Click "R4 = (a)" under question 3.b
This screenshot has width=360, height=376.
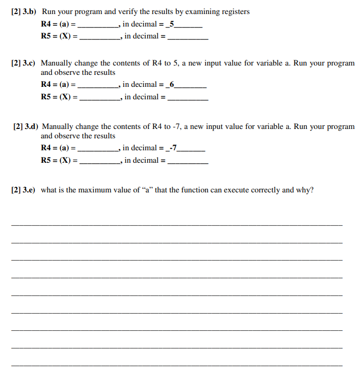(x=58, y=24)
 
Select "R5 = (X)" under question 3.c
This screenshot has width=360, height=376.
(x=59, y=97)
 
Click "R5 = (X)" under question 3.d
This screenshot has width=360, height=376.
(x=59, y=160)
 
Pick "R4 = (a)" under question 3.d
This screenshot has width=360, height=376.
(x=58, y=148)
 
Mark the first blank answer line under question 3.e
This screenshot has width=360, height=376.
(x=177, y=224)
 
